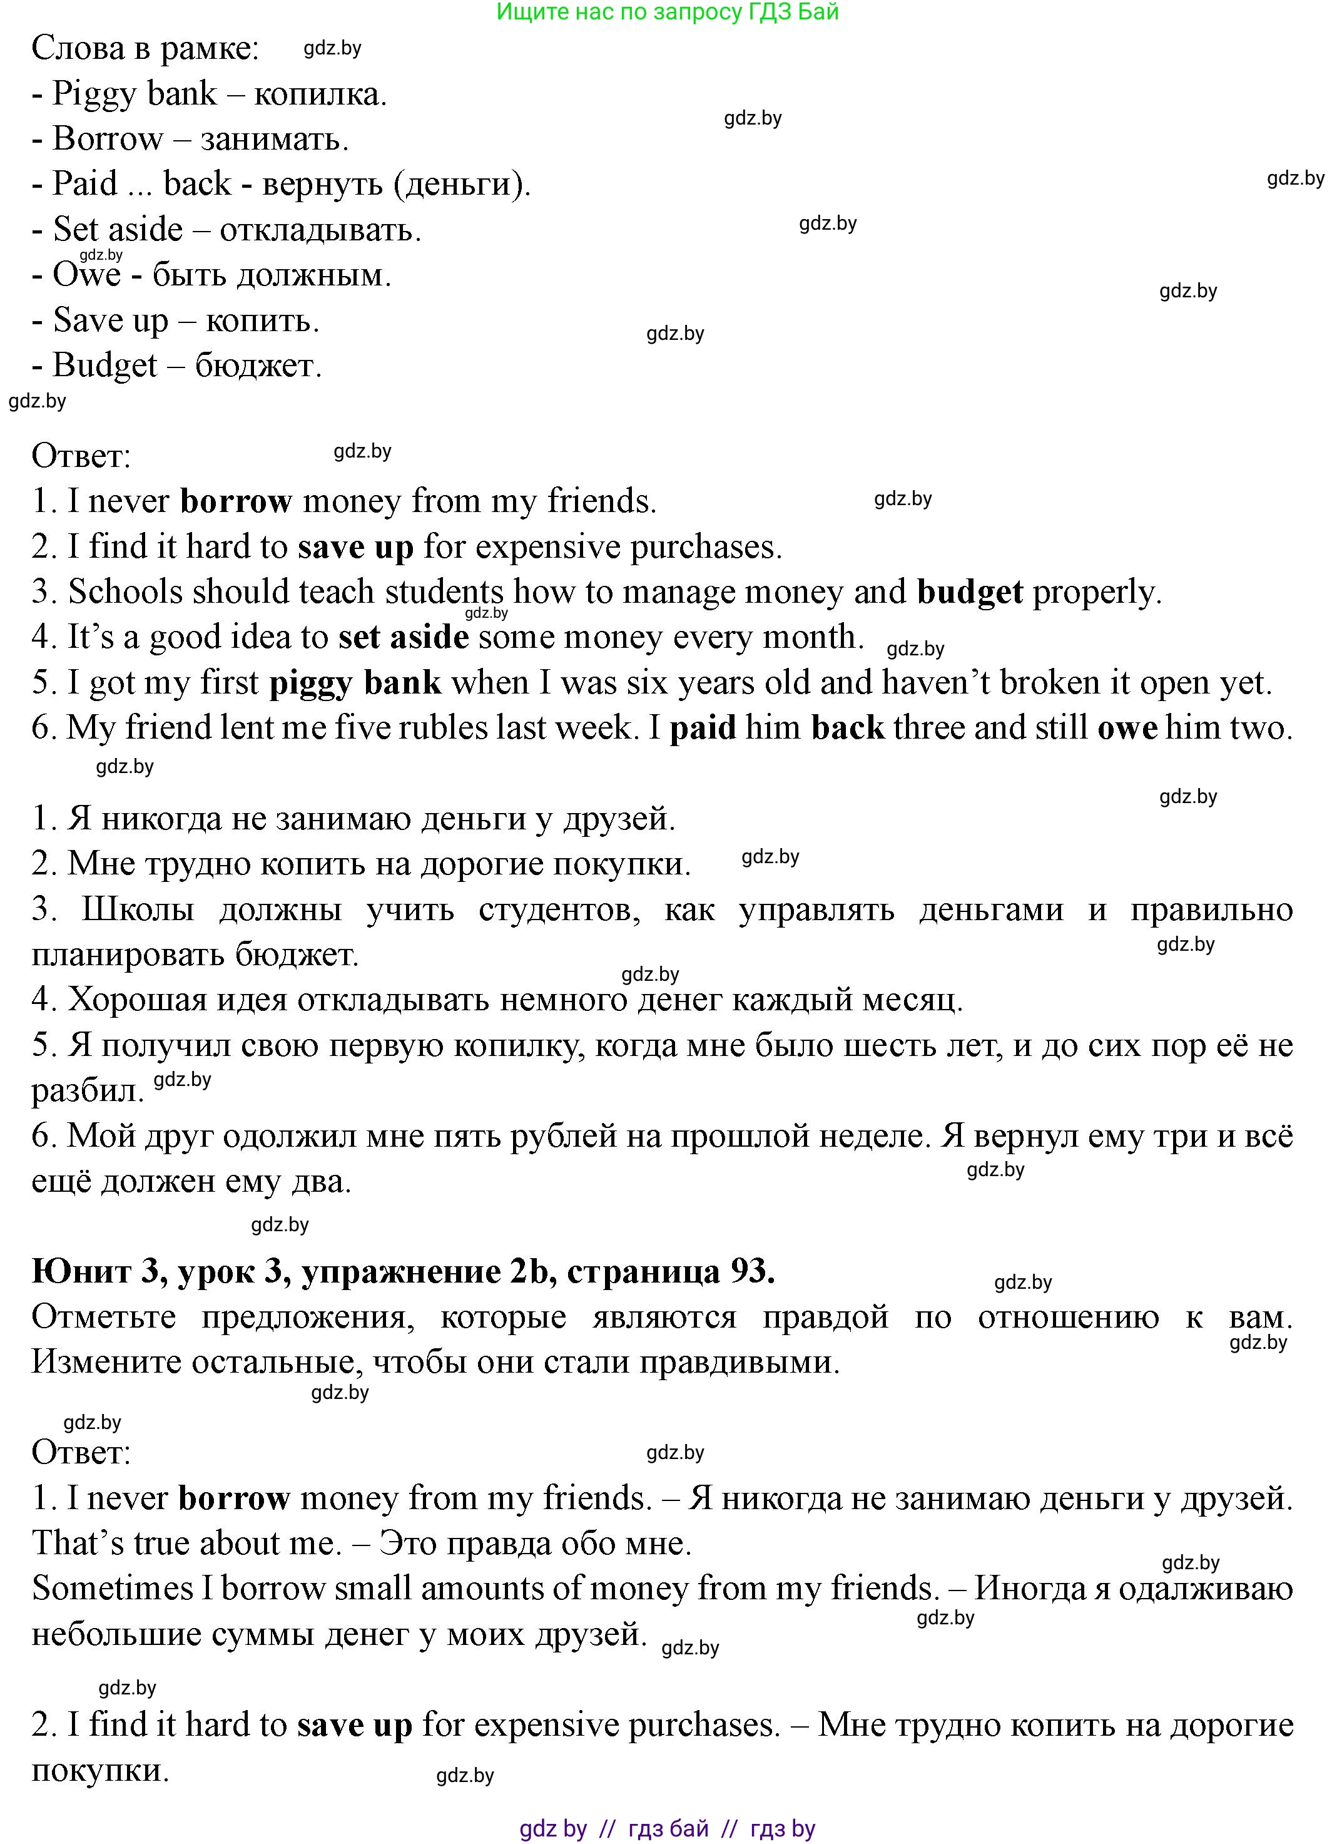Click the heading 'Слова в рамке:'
(x=145, y=49)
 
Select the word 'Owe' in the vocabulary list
(x=86, y=275)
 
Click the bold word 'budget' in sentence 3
(x=970, y=592)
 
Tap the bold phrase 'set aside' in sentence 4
(x=403, y=637)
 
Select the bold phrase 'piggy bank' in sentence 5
(x=355, y=682)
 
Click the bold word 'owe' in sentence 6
(x=1127, y=728)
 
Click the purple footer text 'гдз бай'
(x=668, y=1828)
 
